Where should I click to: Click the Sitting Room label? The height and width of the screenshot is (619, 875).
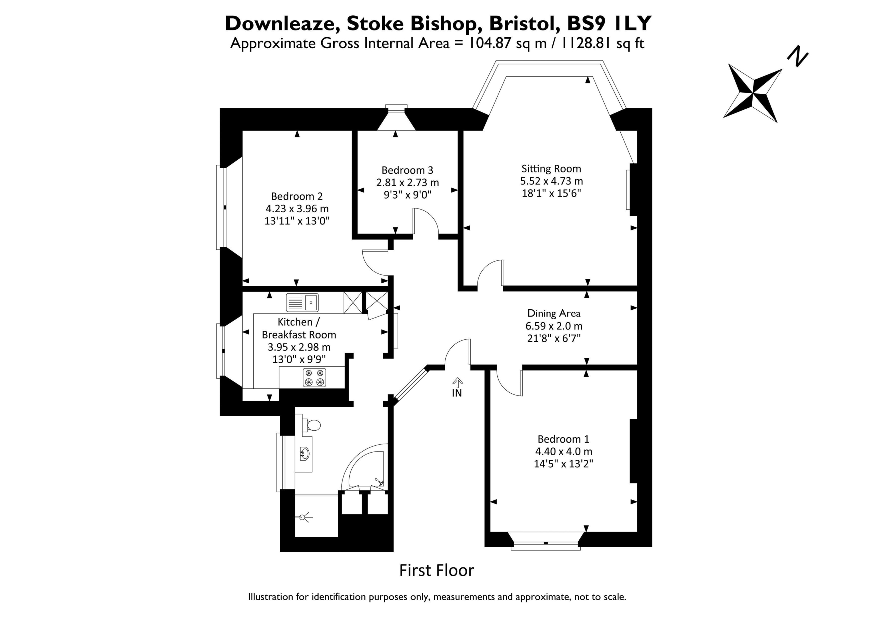click(x=551, y=169)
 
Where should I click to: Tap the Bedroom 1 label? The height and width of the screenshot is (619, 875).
click(x=563, y=439)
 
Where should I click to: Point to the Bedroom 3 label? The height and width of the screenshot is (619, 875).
click(x=407, y=170)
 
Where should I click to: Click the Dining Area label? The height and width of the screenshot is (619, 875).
click(x=553, y=313)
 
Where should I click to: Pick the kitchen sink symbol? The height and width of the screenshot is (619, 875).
click(x=302, y=302)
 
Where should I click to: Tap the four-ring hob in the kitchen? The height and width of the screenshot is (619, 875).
click(x=314, y=377)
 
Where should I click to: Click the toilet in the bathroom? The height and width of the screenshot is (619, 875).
click(x=311, y=425)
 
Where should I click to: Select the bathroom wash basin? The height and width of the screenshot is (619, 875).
click(x=305, y=454)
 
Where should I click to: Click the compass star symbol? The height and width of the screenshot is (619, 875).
click(x=753, y=93)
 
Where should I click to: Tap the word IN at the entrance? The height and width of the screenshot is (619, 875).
click(x=457, y=393)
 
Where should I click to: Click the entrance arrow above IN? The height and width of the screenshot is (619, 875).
click(x=457, y=382)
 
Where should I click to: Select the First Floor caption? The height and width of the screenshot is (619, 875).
click(x=436, y=570)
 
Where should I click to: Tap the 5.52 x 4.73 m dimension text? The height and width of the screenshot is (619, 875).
click(x=551, y=181)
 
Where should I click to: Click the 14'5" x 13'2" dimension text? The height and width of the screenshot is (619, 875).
click(x=563, y=463)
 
